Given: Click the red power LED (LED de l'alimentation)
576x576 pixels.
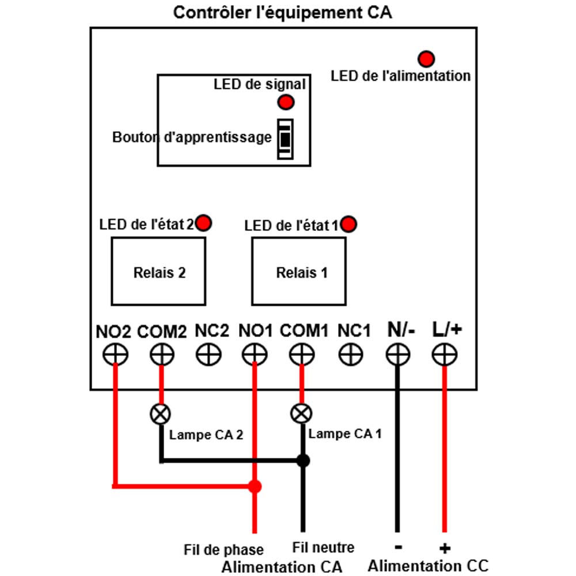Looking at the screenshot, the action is [426, 59].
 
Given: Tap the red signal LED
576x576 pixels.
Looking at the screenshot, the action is [286, 102].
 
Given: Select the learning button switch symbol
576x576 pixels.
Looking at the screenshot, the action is [285, 139].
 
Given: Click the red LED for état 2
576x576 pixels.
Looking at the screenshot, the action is [203, 223].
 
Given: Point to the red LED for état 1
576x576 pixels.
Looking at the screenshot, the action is [348, 224].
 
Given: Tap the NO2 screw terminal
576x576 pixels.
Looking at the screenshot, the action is [115, 354].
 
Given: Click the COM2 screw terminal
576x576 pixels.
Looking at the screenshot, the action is [162, 354].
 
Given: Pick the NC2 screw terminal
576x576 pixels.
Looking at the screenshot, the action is [209, 354].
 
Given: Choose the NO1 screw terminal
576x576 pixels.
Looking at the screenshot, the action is [255, 354].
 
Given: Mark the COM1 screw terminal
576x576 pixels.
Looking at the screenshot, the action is [302, 354].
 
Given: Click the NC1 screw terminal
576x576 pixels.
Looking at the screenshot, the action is [350, 354].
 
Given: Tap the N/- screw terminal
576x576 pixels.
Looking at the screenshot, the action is [398, 354].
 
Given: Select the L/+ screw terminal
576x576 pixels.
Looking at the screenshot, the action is [445, 354].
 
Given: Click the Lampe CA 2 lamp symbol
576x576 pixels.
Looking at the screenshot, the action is [161, 414].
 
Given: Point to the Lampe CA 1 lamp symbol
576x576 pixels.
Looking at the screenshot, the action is [301, 413].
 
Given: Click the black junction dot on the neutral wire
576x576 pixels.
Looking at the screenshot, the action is [303, 460].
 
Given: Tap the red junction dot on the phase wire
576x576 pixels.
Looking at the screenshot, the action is [255, 486].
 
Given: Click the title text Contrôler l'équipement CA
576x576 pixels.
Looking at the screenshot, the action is [282, 13].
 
